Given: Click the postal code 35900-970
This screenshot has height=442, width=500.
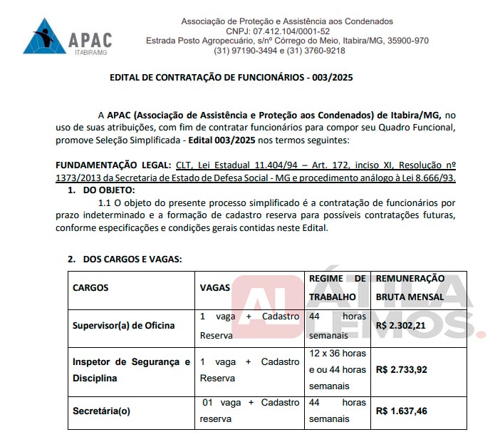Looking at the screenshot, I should pyautogui.click(x=404, y=41).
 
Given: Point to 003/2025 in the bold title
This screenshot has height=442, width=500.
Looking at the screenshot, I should pyautogui.click(x=329, y=76).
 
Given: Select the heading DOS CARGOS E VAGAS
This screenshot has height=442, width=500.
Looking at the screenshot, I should pyautogui.click(x=132, y=259).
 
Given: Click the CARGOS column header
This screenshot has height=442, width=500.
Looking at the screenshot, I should pyautogui.click(x=90, y=288).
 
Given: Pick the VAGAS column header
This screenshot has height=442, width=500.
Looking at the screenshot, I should pyautogui.click(x=215, y=288).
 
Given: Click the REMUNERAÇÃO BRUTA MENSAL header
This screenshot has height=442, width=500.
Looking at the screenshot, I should pyautogui.click(x=410, y=287).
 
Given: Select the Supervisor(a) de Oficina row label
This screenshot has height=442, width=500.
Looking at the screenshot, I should pyautogui.click(x=123, y=326).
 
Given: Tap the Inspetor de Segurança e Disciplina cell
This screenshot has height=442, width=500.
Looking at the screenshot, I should pyautogui.click(x=131, y=370).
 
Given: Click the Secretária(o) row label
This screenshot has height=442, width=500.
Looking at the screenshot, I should pyautogui.click(x=102, y=411).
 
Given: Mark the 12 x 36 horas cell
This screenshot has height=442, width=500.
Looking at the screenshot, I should pyautogui.click(x=337, y=354).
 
